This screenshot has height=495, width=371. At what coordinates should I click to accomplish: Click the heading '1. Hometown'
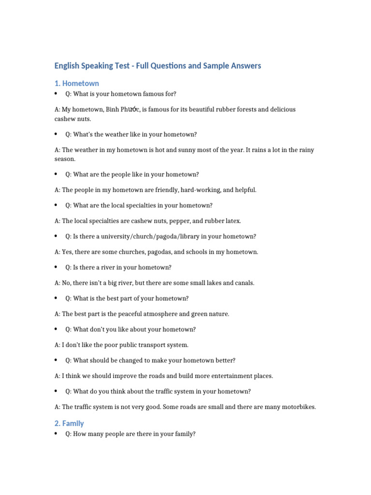(76, 83)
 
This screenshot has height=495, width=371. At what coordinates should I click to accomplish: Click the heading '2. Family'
(69, 423)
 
